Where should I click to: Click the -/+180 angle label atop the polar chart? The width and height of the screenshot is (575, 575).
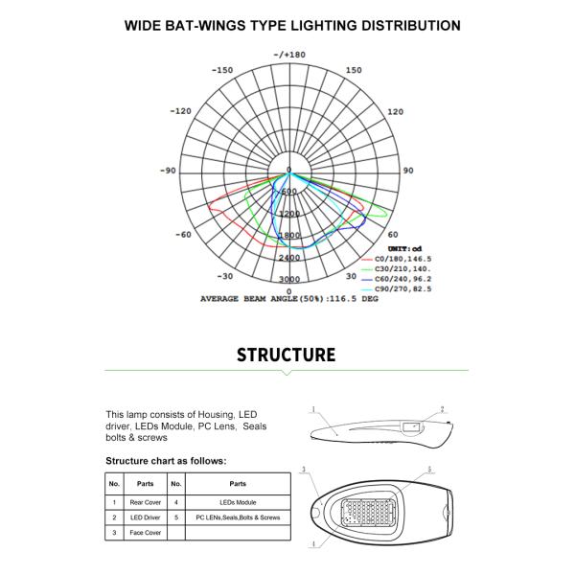[288, 55]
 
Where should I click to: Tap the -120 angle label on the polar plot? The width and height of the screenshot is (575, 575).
[180, 111]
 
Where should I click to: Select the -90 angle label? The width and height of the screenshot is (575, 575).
[168, 171]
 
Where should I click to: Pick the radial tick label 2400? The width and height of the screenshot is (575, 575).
[289, 258]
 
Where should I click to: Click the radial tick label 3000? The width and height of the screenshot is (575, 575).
[288, 279]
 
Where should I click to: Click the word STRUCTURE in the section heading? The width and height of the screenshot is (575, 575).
[287, 355]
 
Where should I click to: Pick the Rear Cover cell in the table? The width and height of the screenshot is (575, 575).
[146, 501]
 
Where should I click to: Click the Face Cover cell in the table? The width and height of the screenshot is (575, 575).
[146, 532]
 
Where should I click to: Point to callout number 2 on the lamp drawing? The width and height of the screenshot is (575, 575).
[442, 409]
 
